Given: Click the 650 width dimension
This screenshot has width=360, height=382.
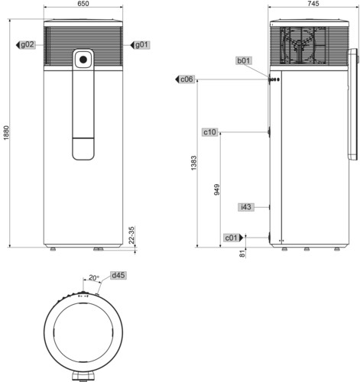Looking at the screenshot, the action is tap(83, 3).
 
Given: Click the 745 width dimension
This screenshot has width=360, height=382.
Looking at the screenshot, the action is tap(313, 3).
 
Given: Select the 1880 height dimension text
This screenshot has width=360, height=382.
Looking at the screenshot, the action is tap(6, 132).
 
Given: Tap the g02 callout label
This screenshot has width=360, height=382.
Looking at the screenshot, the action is tap(28, 44).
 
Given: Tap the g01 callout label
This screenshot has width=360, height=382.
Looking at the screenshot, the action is tap(141, 45).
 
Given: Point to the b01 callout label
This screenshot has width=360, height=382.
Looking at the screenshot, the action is tap(244, 61).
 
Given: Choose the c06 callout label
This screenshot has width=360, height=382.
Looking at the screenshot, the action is tap(186, 79).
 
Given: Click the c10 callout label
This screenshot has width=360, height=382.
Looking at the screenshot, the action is tap(209, 132).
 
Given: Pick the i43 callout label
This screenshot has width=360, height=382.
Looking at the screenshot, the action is tap(246, 207).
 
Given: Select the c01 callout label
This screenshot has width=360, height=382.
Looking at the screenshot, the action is tap(232, 238).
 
